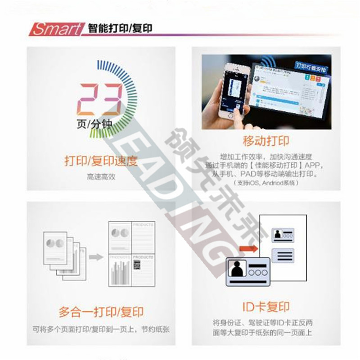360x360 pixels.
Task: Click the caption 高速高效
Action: (101, 177)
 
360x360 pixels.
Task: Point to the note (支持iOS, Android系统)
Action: (266, 183)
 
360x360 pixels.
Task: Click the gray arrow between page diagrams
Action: (95, 257)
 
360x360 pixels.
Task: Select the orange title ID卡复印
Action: (265, 307)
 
